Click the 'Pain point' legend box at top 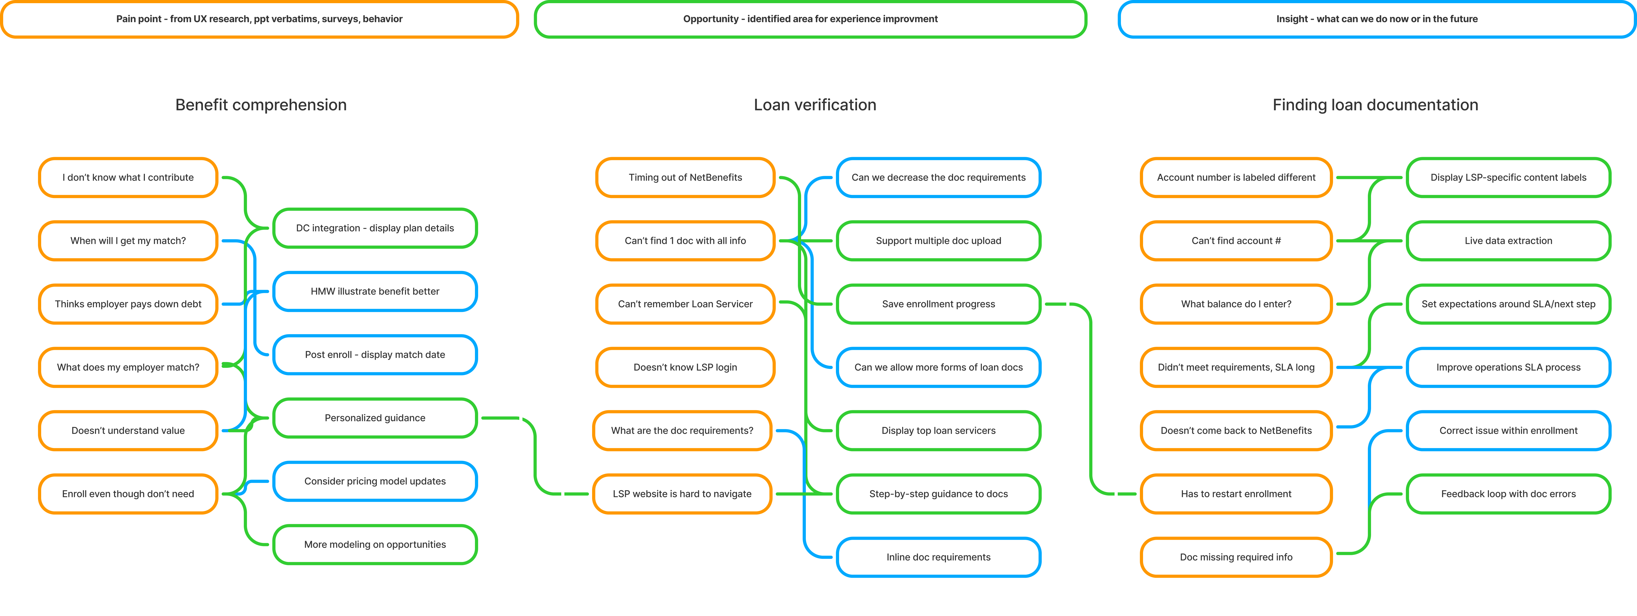259,19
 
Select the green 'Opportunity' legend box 810,19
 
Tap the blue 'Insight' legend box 1377,19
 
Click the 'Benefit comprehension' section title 260,105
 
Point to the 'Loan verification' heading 815,105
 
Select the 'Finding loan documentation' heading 1375,105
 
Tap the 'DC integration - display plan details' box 375,228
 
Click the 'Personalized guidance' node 375,418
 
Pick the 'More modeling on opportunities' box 375,544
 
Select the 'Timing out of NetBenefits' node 685,177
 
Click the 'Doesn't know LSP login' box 685,367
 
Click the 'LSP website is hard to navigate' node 682,493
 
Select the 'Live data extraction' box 1508,241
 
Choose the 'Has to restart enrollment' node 1236,493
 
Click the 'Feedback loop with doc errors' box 1508,493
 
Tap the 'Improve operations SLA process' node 1508,367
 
